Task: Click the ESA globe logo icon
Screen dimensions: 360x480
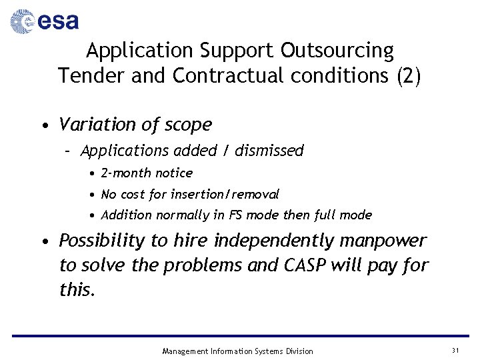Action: coord(22,21)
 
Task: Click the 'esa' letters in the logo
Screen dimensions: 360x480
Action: coord(58,22)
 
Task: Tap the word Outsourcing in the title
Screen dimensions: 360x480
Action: coord(337,51)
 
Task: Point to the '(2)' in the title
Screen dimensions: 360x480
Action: coord(408,76)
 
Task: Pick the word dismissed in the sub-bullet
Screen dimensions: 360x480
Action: coord(269,151)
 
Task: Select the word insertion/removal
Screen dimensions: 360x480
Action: coord(225,195)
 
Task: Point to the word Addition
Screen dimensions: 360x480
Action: coord(126,215)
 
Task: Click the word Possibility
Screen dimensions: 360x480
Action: coord(101,241)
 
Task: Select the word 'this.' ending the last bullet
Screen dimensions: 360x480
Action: coord(77,289)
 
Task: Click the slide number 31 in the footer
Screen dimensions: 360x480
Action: coord(455,351)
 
